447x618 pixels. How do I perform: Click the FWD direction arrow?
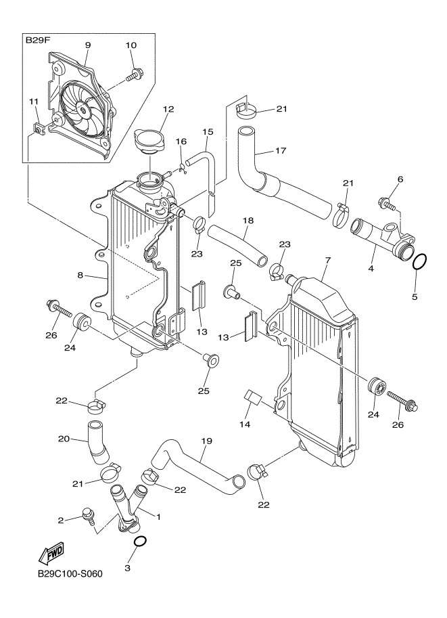coord(51,554)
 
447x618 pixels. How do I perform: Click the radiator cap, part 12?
coord(149,140)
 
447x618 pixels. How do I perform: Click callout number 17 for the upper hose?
coord(281,150)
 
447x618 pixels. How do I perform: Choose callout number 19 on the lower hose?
coord(207,441)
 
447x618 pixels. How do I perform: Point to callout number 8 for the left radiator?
coord(80,275)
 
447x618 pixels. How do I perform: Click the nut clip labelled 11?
coord(39,128)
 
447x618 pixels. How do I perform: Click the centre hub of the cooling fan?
coord(84,110)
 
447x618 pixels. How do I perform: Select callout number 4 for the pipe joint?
coord(371,269)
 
